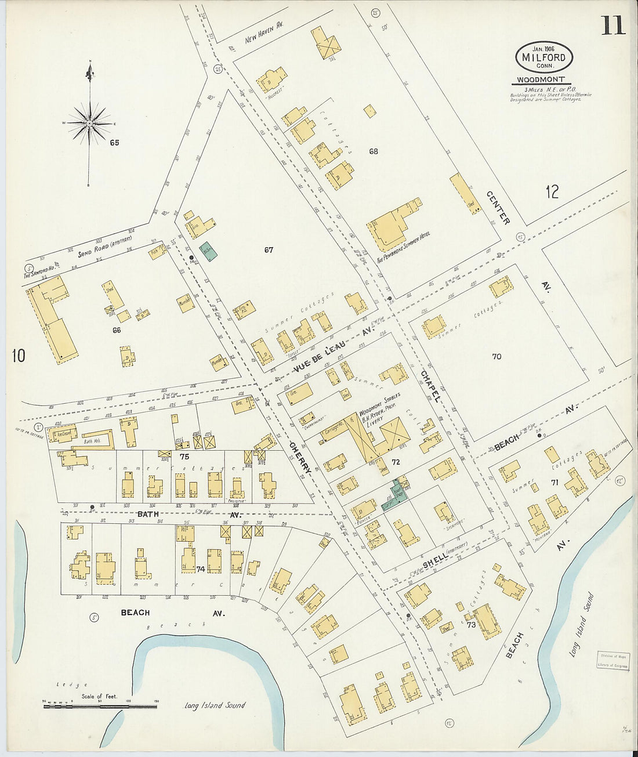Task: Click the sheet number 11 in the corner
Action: (613, 25)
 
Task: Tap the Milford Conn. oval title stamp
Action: (543, 57)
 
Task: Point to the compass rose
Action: (89, 122)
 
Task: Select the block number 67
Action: (268, 250)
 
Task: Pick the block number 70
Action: (496, 357)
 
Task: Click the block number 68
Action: (373, 151)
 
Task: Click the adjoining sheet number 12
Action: (552, 192)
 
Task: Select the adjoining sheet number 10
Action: (18, 355)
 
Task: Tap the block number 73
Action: (471, 625)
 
